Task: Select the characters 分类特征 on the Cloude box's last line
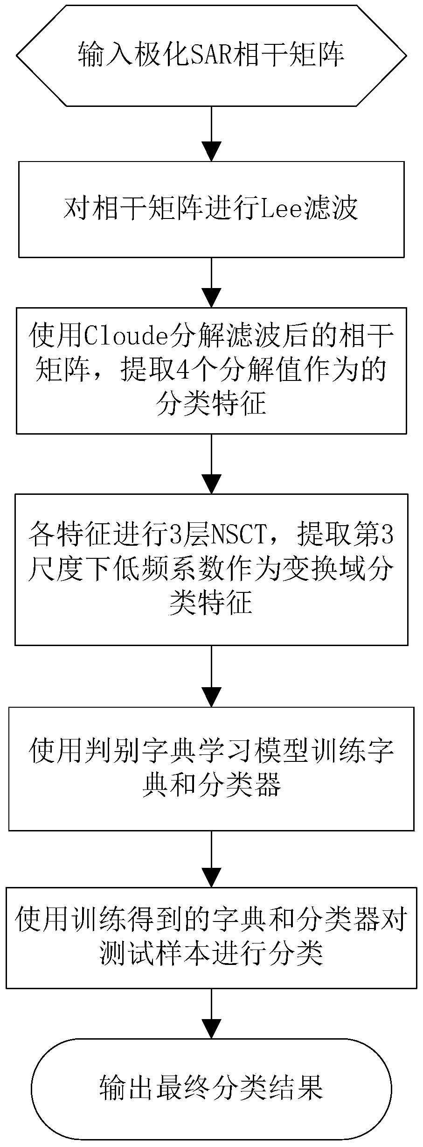[211, 404]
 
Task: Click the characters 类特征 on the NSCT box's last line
[211, 604]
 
